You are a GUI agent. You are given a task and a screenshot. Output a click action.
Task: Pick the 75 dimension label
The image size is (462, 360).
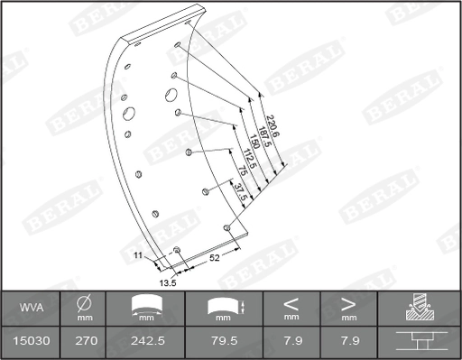click(241, 174)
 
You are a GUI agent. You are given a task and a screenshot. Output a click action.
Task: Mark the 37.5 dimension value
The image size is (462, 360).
click(236, 194)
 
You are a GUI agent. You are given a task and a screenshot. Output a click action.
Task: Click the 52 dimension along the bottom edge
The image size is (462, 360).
click(215, 258)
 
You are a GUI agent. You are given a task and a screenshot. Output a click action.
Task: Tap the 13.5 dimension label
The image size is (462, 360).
click(167, 282)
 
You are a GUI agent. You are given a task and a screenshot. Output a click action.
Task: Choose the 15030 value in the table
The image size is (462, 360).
click(29, 342)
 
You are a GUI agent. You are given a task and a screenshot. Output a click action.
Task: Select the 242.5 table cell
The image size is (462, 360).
click(145, 342)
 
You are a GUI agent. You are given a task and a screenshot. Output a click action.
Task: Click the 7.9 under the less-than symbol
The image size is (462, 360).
click(291, 342)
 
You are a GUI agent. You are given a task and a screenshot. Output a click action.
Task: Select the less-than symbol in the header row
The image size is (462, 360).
click(291, 303)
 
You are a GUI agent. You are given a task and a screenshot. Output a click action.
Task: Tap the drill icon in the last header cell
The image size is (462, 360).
click(419, 308)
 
